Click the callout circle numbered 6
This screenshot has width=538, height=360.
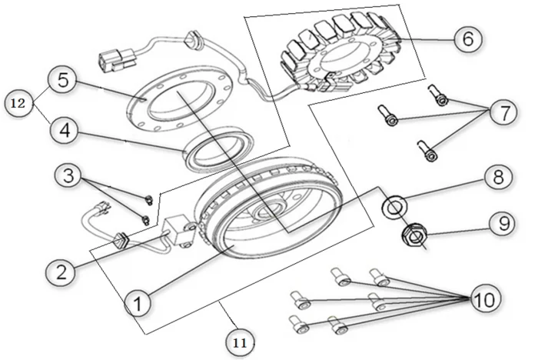pyautogui.click(x=468, y=38)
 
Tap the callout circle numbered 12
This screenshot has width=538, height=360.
pyautogui.click(x=18, y=103)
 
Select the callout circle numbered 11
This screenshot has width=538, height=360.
pyautogui.click(x=240, y=343)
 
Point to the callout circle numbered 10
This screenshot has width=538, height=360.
pyautogui.click(x=484, y=298)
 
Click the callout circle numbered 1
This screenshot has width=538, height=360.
pyautogui.click(x=138, y=303)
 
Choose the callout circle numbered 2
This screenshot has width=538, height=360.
pyautogui.click(x=61, y=272)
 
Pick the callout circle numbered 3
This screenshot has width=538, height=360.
pyautogui.click(x=69, y=175)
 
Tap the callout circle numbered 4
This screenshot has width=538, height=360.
pyautogui.click(x=65, y=131)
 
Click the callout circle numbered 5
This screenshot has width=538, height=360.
pyautogui.click(x=63, y=80)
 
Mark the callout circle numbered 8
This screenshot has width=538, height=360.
pyautogui.click(x=499, y=177)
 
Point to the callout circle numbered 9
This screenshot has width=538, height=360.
pyautogui.click(x=503, y=223)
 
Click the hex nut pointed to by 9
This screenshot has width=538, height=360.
pyautogui.click(x=414, y=235)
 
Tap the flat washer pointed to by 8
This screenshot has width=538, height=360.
pyautogui.click(x=394, y=206)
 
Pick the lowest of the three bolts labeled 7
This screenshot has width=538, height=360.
pyautogui.click(x=427, y=151)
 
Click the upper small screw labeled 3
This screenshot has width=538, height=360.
pyautogui.click(x=148, y=199)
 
